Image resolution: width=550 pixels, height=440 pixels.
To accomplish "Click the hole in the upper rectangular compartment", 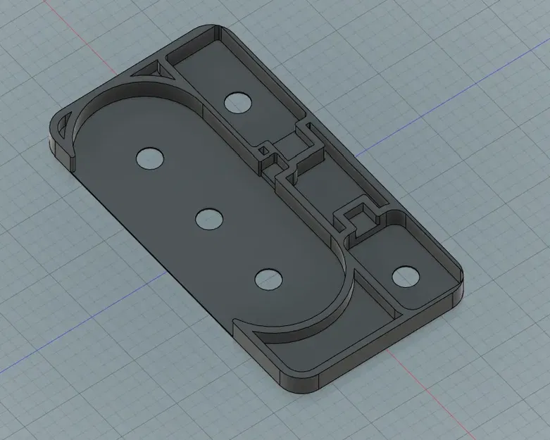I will point(239,103).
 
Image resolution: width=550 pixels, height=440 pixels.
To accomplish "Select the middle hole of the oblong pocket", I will point(208,220).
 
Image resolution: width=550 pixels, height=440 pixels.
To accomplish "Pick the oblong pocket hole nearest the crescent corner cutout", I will point(150,158).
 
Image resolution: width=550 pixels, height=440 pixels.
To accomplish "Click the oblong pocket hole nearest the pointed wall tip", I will point(268,279).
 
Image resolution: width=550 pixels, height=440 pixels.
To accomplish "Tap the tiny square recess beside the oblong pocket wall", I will point(268,150).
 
